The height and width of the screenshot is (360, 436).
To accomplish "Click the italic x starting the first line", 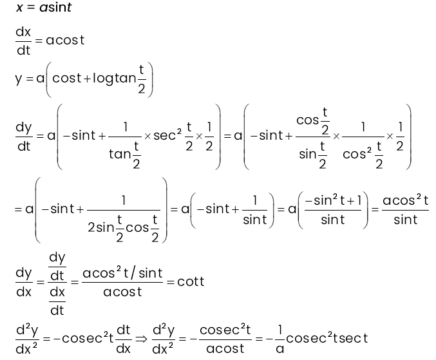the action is pos(19,8).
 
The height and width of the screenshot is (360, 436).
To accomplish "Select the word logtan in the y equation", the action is pos(114,78).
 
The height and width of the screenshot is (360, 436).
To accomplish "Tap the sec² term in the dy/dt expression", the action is pos(167,135).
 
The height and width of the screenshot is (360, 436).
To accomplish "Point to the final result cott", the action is pos(191,281).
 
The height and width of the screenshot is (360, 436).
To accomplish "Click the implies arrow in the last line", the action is pos(141,339).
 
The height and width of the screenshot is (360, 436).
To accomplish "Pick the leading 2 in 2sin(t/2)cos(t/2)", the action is pos(91,228).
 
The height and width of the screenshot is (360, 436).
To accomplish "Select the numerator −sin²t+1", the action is pos(333,200).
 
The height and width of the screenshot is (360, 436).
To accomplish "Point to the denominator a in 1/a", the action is pos(280,348).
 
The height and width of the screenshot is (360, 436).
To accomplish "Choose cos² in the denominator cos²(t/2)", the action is pos(357,153).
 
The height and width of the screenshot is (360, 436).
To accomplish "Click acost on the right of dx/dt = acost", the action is pos(65,41).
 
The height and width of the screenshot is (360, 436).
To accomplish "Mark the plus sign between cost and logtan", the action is pos(87,79).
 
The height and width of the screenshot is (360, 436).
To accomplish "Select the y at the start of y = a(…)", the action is pos(19,79).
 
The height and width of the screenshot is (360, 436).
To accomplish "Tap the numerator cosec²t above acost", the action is pos(225,330).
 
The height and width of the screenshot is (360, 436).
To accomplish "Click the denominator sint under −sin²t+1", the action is pos(333,220).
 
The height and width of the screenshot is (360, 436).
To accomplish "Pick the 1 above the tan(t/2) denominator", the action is pos(126,127).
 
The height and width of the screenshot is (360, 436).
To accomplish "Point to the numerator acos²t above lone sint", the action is pos(406,200).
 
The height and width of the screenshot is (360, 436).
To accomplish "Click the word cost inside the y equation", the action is pos(67,78).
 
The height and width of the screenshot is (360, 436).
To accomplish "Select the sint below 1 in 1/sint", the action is pos(255,220).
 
